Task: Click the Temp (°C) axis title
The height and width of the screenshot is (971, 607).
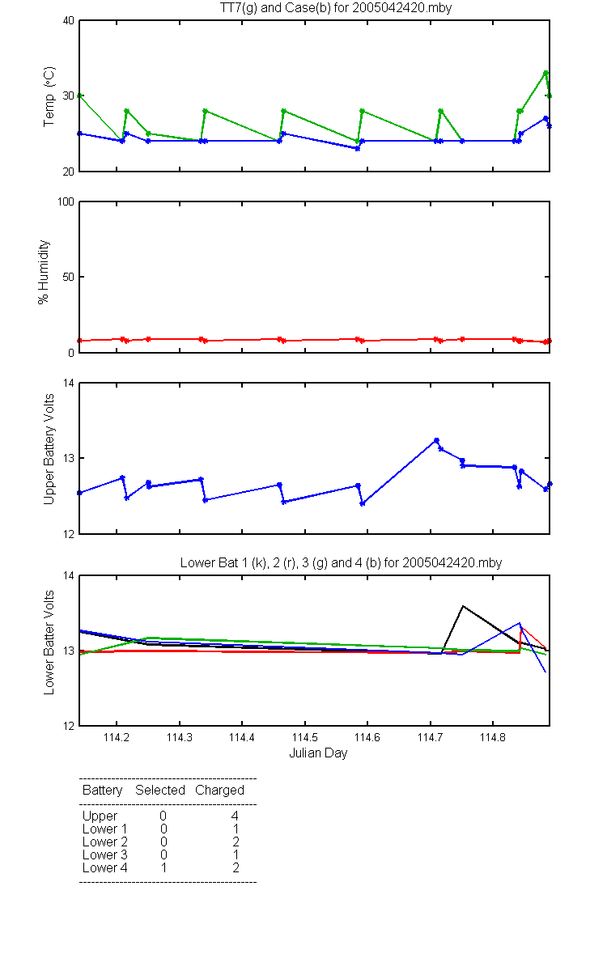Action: [x=49, y=96]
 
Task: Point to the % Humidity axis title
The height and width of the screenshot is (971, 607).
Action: [x=44, y=272]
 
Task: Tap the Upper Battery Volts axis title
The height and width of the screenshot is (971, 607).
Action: [x=49, y=449]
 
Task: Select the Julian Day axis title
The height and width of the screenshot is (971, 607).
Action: [x=318, y=753]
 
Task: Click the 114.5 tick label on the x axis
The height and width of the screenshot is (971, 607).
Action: [x=305, y=737]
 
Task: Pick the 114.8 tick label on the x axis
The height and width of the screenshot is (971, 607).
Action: [x=493, y=737]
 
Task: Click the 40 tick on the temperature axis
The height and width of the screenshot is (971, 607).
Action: [x=69, y=21]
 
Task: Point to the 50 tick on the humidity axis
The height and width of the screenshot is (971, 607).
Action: [x=69, y=277]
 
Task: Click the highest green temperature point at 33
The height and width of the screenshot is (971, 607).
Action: [x=545, y=74]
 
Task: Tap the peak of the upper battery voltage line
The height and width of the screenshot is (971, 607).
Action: [x=436, y=440]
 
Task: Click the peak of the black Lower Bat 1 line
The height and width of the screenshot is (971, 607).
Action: [x=463, y=606]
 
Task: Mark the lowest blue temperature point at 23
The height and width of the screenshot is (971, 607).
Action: [x=357, y=148]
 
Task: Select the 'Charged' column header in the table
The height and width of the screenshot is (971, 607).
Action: [x=219, y=791]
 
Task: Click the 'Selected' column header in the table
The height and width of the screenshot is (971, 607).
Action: [x=160, y=791]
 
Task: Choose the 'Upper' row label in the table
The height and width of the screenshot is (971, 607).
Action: [x=100, y=816]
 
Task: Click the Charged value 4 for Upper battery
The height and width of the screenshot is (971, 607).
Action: [x=235, y=816]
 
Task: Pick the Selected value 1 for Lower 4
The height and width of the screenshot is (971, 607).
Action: [x=163, y=867]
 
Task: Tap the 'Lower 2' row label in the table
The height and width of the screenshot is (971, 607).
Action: [x=105, y=842]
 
